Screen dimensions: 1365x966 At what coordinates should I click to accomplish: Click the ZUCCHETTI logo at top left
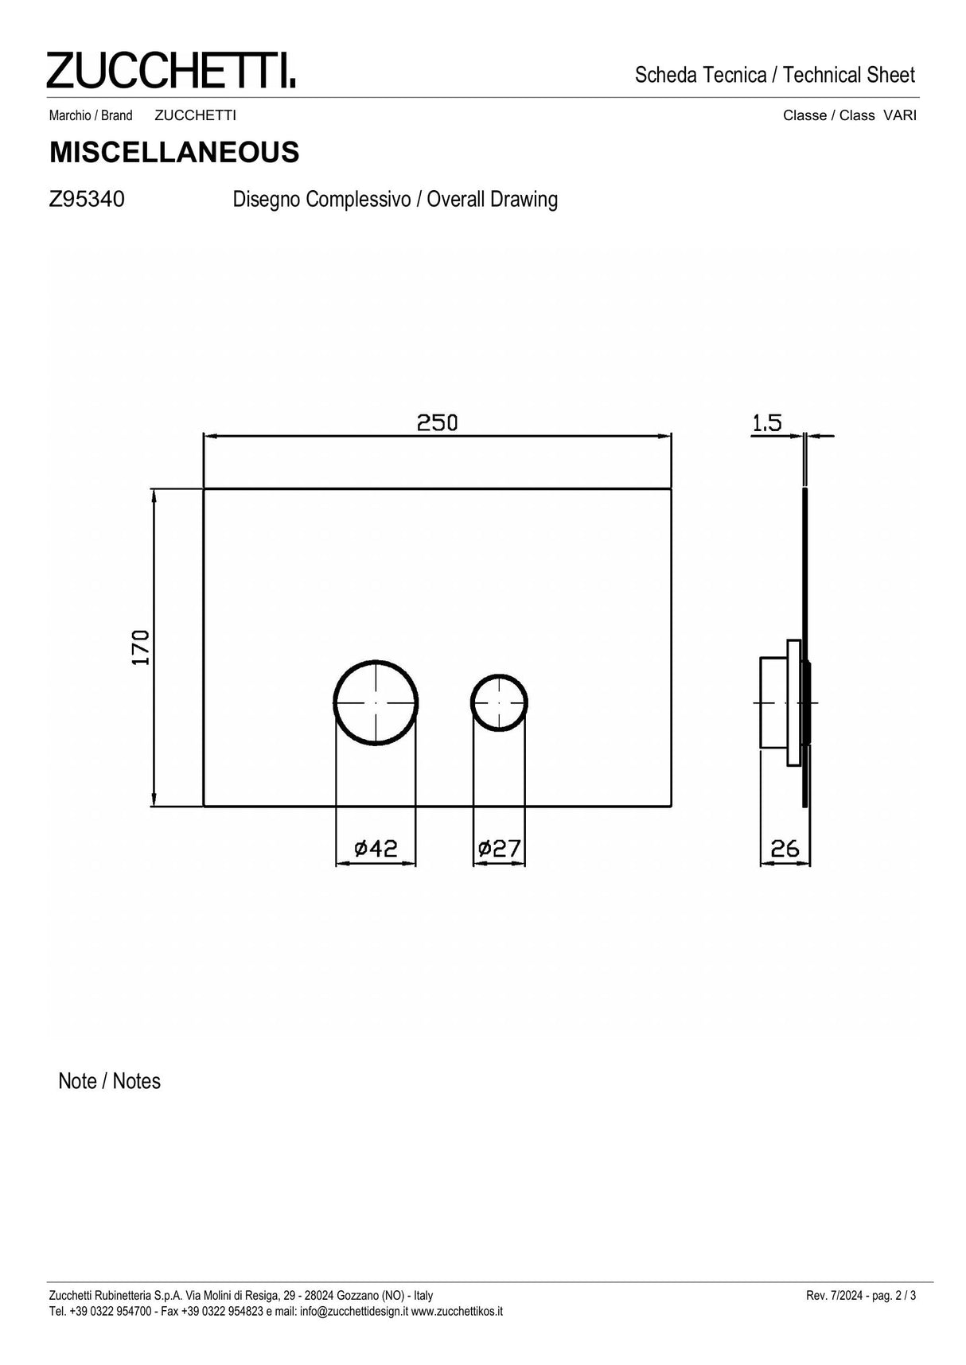tap(170, 70)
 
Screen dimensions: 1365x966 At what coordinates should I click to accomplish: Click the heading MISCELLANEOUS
tap(174, 152)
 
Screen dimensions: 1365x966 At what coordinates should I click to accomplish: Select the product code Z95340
tap(87, 199)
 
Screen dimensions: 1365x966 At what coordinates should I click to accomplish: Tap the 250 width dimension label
tap(438, 422)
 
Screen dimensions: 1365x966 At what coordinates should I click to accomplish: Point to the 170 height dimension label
tap(141, 647)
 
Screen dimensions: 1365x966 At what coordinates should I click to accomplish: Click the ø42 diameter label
tap(375, 849)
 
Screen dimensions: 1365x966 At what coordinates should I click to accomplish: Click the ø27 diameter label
tap(499, 849)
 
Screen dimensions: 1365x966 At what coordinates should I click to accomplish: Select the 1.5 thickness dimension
tap(767, 422)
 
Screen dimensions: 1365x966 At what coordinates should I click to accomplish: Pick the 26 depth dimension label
tap(785, 849)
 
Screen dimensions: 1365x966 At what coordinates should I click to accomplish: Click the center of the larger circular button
tap(376, 702)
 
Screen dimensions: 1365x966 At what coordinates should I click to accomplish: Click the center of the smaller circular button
tap(499, 703)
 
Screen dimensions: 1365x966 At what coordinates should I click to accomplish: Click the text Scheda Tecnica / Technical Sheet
tap(775, 76)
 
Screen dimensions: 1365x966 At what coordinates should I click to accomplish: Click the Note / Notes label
tap(109, 1081)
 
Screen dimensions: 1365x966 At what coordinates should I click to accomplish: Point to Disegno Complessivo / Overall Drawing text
tap(395, 199)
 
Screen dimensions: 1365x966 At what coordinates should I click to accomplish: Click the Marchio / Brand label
tap(91, 115)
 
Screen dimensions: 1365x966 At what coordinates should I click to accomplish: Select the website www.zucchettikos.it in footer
tap(457, 1311)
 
